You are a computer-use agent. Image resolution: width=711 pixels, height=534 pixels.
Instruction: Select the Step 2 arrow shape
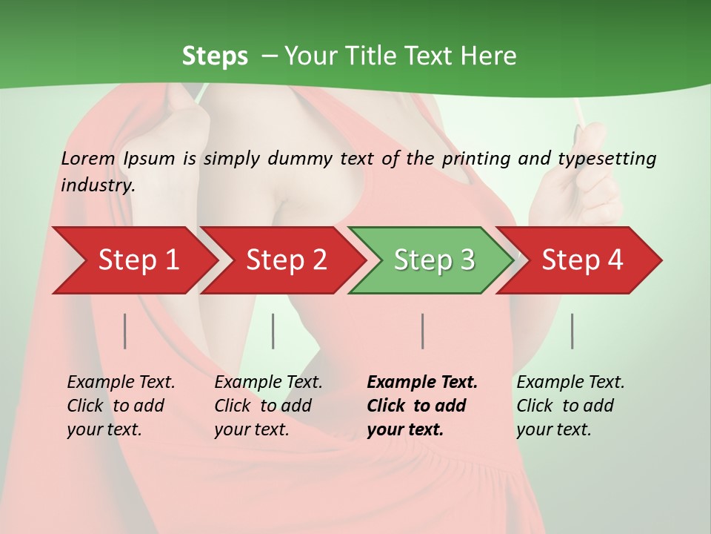286,260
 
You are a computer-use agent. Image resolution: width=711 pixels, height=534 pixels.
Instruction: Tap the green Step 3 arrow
434,260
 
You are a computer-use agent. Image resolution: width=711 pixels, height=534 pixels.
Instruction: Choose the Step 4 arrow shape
582,260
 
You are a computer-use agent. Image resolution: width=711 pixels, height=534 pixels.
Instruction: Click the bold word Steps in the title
215,56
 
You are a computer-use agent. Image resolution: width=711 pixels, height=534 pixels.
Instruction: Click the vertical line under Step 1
125,331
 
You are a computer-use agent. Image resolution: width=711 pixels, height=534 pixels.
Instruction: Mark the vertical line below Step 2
273,331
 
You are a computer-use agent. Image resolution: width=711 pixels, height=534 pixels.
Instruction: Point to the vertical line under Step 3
422,331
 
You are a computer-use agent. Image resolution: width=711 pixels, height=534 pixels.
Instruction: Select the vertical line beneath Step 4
572,331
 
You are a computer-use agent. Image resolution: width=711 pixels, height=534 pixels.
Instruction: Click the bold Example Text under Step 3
422,383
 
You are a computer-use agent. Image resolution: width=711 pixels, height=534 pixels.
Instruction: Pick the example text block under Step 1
121,406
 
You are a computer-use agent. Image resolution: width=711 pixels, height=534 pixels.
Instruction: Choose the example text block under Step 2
268,406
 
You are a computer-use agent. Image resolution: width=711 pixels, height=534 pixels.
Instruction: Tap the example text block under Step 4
570,406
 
